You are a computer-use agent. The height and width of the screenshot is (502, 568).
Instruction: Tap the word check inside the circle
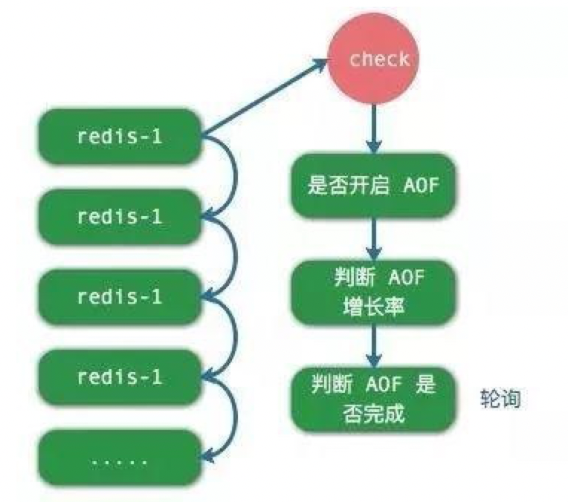(x=379, y=59)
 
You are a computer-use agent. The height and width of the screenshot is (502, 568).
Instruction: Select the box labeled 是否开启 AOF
(x=374, y=186)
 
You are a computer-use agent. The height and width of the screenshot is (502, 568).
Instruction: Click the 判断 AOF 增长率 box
(x=374, y=291)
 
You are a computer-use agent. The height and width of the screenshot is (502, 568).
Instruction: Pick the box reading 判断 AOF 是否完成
(x=374, y=398)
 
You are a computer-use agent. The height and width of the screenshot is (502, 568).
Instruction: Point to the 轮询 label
(x=500, y=398)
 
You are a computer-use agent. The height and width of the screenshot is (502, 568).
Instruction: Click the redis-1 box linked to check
(x=119, y=137)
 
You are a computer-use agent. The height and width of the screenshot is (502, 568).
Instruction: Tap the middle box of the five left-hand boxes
(x=119, y=296)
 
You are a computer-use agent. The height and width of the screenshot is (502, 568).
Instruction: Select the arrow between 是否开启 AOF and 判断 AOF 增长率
(x=374, y=238)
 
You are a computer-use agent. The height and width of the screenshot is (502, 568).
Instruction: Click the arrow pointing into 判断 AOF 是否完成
(x=374, y=345)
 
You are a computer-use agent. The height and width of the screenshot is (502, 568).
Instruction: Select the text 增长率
(x=374, y=304)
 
